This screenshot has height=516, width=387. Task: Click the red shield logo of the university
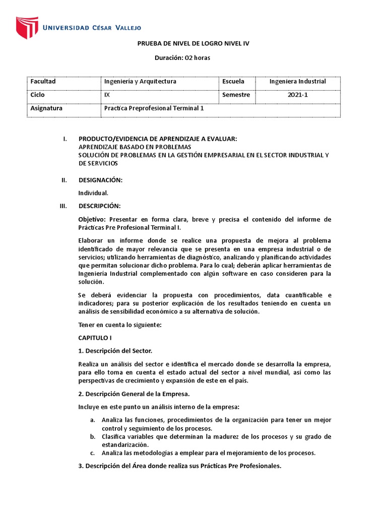point(27,28)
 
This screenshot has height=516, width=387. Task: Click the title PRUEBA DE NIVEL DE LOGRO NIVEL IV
point(193,44)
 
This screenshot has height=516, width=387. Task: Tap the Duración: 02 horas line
point(182,57)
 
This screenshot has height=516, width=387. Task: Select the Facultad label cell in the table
point(43,82)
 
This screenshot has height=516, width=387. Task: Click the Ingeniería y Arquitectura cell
point(140,82)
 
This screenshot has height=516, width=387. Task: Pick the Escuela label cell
point(233,82)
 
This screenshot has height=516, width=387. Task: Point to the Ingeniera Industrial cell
point(297,82)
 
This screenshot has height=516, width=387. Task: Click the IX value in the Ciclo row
point(107,95)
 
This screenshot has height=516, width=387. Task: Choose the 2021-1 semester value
point(297,95)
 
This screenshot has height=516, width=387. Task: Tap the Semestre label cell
point(236,95)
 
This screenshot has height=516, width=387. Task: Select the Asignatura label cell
point(46,108)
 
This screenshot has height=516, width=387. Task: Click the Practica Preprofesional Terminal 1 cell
point(154,108)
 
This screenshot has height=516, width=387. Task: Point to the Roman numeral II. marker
point(63,180)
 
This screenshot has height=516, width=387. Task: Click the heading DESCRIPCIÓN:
point(99,206)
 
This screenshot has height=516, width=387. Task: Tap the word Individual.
point(93,193)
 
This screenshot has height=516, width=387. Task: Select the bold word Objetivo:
point(93,219)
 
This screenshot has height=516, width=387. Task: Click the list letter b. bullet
point(92,436)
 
